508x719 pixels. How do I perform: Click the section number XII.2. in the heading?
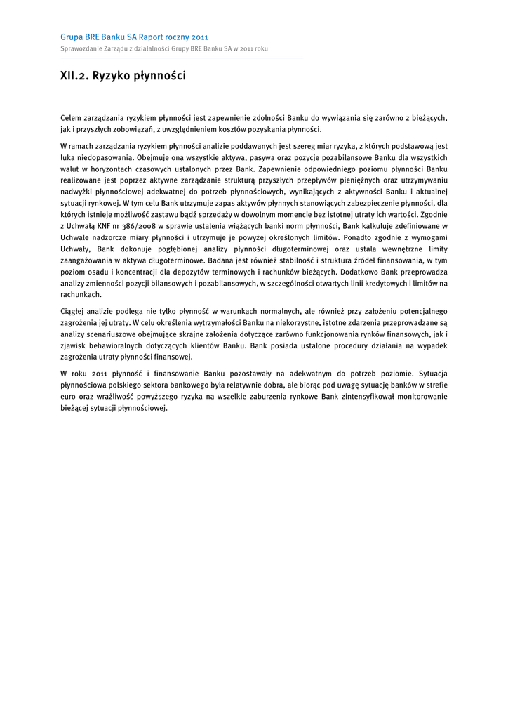[74, 76]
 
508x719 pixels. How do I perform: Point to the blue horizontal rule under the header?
[182, 58]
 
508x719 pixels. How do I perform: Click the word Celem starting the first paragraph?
[71, 118]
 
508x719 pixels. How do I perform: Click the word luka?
[68, 158]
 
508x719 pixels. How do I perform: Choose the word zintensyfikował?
[362, 397]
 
